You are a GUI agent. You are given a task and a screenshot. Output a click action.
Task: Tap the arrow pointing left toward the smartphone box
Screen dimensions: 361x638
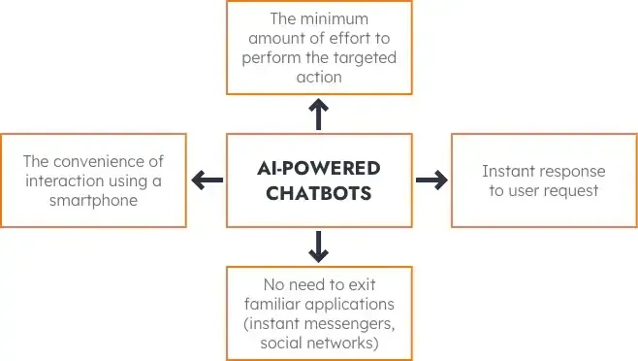207,180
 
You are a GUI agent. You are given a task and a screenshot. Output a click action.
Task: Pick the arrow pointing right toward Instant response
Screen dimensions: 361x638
431,180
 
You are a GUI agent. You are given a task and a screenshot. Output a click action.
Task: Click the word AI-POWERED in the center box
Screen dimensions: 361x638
319,168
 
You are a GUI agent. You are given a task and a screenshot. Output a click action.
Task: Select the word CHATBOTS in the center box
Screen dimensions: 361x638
319,192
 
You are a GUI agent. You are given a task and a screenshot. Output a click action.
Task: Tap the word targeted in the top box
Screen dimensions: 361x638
362,59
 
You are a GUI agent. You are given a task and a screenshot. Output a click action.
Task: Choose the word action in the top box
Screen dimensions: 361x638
319,78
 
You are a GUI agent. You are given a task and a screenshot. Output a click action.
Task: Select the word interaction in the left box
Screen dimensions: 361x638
66,180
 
